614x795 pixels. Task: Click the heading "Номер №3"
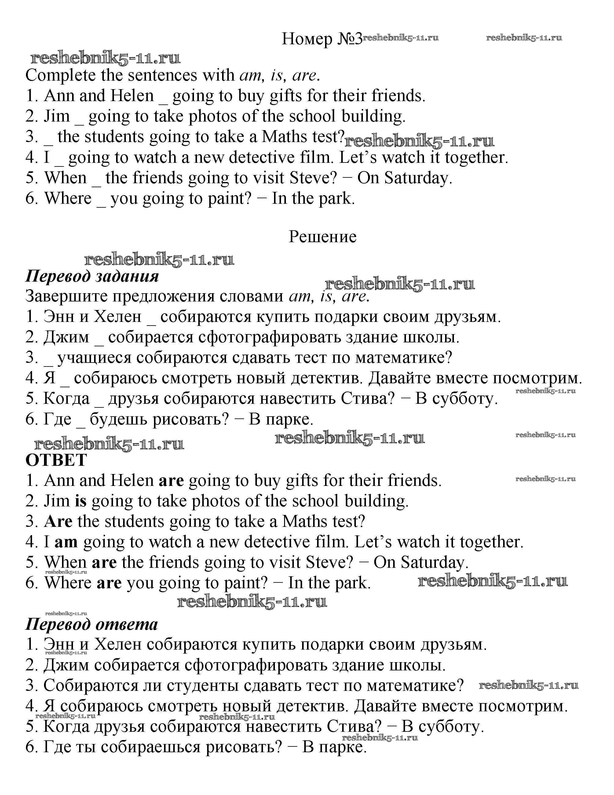[x=322, y=38]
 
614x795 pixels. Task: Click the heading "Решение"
[x=322, y=237]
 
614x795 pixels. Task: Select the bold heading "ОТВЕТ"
[x=56, y=460]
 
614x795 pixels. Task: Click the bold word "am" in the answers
[x=66, y=542]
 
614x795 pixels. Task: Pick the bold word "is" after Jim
[x=80, y=501]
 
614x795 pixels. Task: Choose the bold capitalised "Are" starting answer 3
[x=58, y=522]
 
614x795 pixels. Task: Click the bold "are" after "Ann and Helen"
[x=171, y=481]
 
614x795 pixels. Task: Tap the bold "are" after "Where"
[x=109, y=583]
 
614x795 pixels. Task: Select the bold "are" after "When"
[x=104, y=562]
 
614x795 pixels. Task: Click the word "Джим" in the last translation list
[x=66, y=665]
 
